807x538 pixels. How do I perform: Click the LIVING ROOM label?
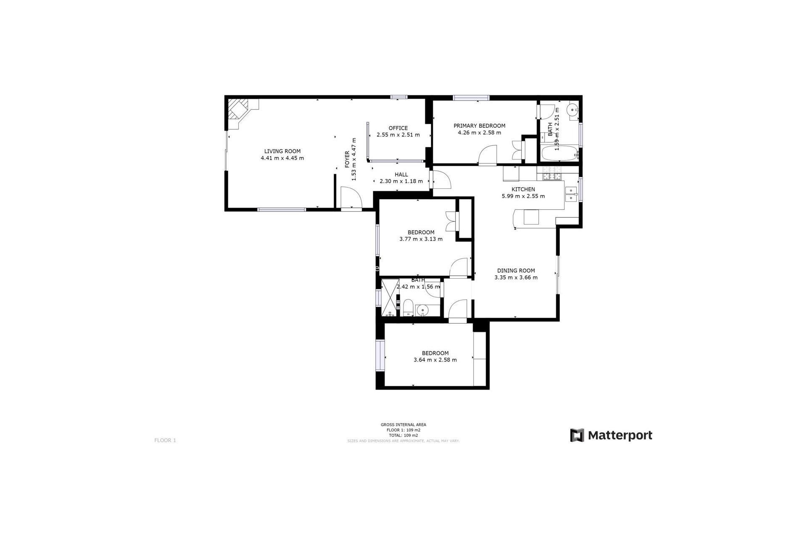click(282, 151)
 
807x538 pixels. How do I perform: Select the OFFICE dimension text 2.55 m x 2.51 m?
click(398, 135)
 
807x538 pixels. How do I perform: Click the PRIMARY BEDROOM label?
click(479, 126)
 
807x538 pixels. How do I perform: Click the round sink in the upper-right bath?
click(572, 111)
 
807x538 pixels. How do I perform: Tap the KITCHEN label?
click(523, 189)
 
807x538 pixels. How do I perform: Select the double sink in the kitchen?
click(571, 194)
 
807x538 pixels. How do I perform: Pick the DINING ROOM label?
click(516, 271)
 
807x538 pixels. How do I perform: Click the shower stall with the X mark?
click(390, 297)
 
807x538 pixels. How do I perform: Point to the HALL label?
click(401, 174)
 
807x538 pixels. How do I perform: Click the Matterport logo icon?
click(577, 435)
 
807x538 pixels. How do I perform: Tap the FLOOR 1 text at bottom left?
click(165, 440)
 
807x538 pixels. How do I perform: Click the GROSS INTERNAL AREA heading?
click(403, 425)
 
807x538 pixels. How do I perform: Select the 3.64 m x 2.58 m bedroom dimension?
click(435, 360)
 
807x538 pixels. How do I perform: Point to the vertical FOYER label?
click(347, 159)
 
